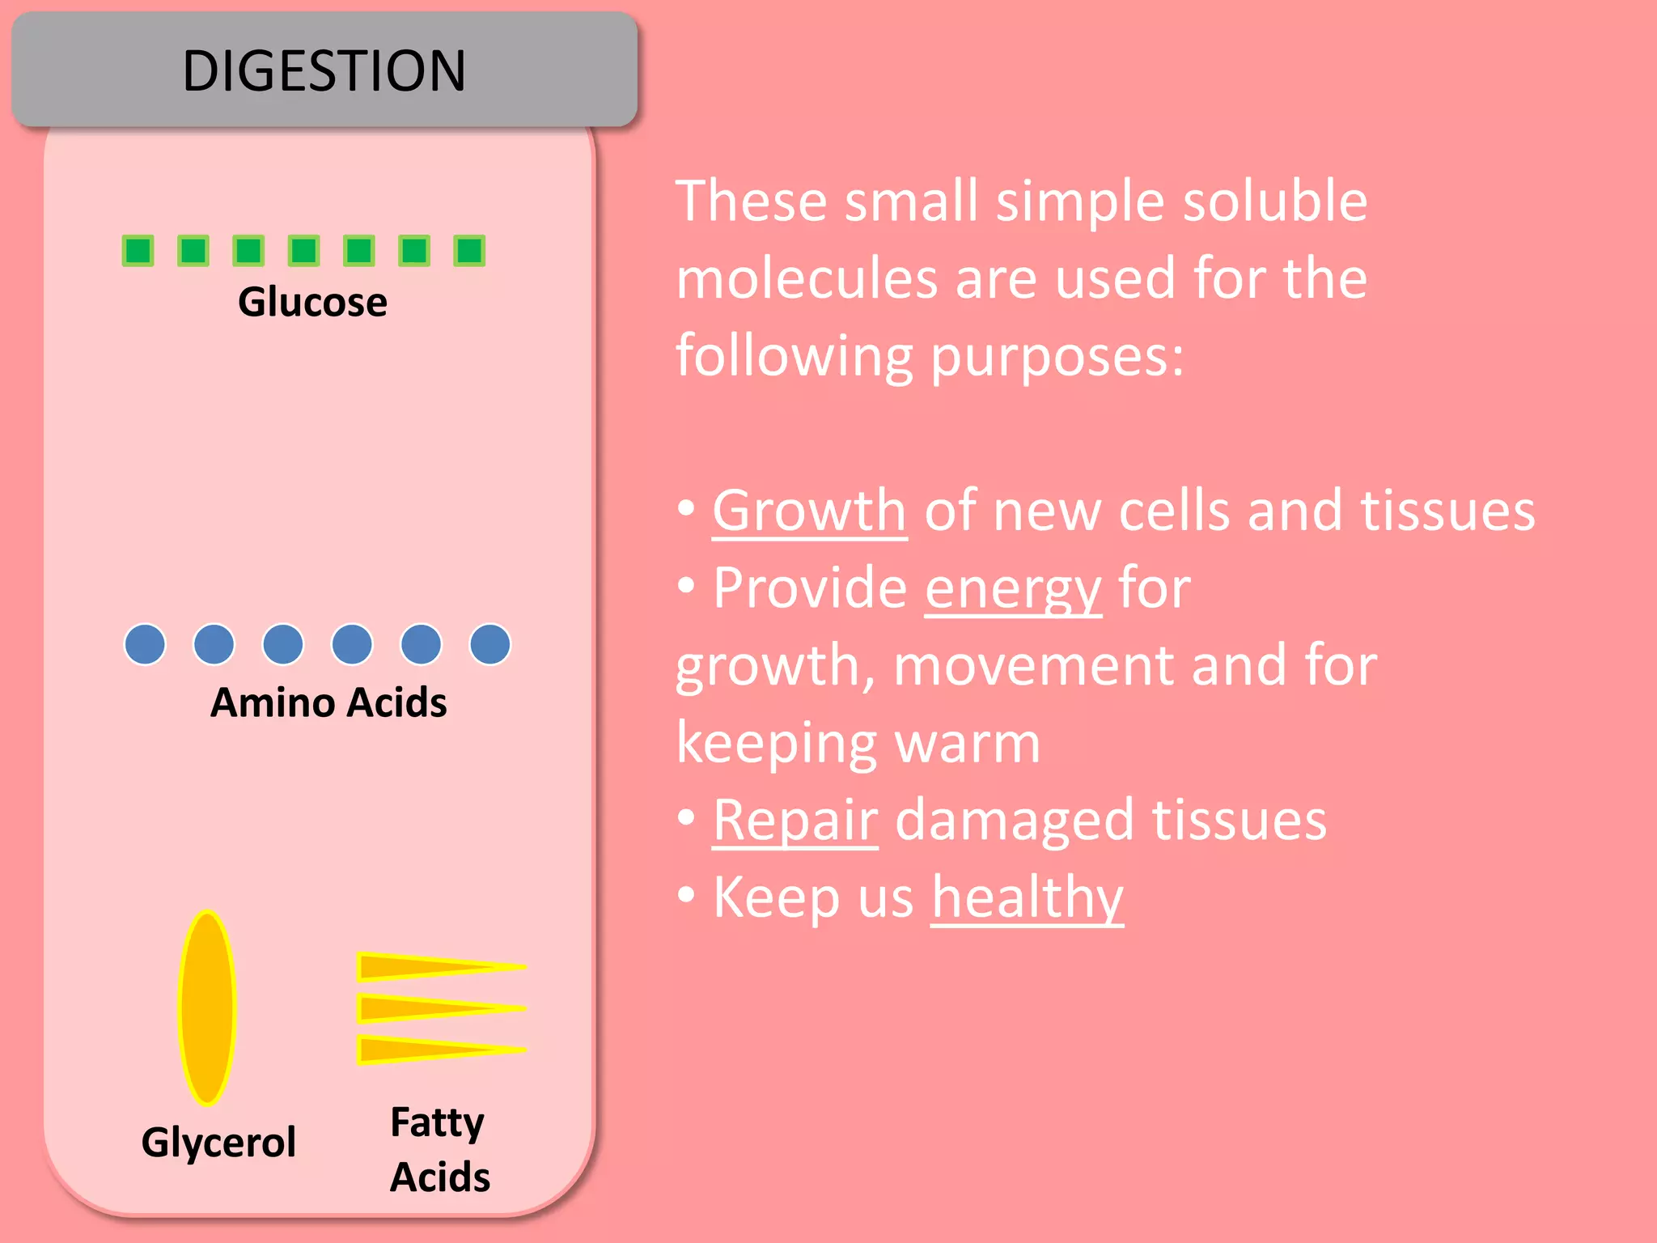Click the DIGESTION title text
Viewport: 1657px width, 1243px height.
pyautogui.click(x=324, y=70)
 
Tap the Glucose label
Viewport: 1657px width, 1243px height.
pyautogui.click(x=312, y=302)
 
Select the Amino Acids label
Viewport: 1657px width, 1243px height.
pyautogui.click(x=328, y=702)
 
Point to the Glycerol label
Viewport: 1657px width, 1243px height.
pyautogui.click(x=218, y=1142)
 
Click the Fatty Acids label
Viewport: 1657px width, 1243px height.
pyautogui.click(x=439, y=1149)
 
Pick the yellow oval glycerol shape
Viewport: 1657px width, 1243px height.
pyautogui.click(x=207, y=1008)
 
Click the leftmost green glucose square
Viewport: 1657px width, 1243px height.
pyautogui.click(x=138, y=251)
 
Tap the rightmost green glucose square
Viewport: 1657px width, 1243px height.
pyautogui.click(x=469, y=251)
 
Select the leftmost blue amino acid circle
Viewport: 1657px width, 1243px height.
pyautogui.click(x=145, y=645)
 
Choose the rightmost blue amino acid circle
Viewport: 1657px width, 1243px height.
pyautogui.click(x=490, y=645)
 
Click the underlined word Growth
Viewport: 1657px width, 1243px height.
pyautogui.click(x=809, y=511)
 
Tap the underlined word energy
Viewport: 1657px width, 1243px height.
pyautogui.click(x=1013, y=588)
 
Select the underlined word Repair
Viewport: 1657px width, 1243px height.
pyautogui.click(x=795, y=821)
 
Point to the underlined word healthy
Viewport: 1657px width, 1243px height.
pyautogui.click(x=1028, y=897)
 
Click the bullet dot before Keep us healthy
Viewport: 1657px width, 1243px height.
pyautogui.click(x=686, y=895)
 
